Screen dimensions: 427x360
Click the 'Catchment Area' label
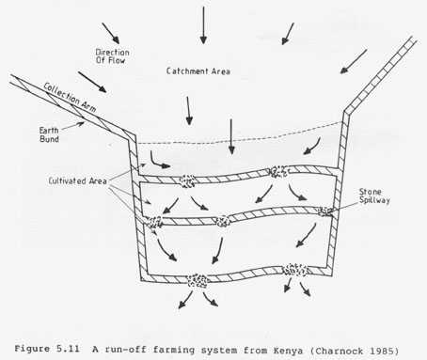click(198, 71)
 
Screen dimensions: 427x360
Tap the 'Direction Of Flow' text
click(112, 56)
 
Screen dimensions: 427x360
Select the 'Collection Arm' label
click(70, 98)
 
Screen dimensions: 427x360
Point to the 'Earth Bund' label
click(49, 134)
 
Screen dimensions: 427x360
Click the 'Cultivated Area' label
click(77, 181)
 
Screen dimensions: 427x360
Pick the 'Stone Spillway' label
click(374, 196)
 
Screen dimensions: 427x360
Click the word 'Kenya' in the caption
click(288, 351)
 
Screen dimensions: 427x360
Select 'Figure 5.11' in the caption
click(47, 349)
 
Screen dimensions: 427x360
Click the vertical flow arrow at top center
click(203, 25)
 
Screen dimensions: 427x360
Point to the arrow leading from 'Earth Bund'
click(73, 126)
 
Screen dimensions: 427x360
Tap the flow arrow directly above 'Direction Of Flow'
click(111, 33)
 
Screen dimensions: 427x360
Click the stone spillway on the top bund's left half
click(187, 181)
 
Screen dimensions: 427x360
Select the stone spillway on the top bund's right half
click(278, 172)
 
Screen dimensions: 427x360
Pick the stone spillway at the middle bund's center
click(223, 221)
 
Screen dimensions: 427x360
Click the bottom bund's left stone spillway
click(198, 280)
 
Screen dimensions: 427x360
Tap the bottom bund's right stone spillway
click(295, 270)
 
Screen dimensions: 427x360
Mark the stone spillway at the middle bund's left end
click(154, 223)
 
